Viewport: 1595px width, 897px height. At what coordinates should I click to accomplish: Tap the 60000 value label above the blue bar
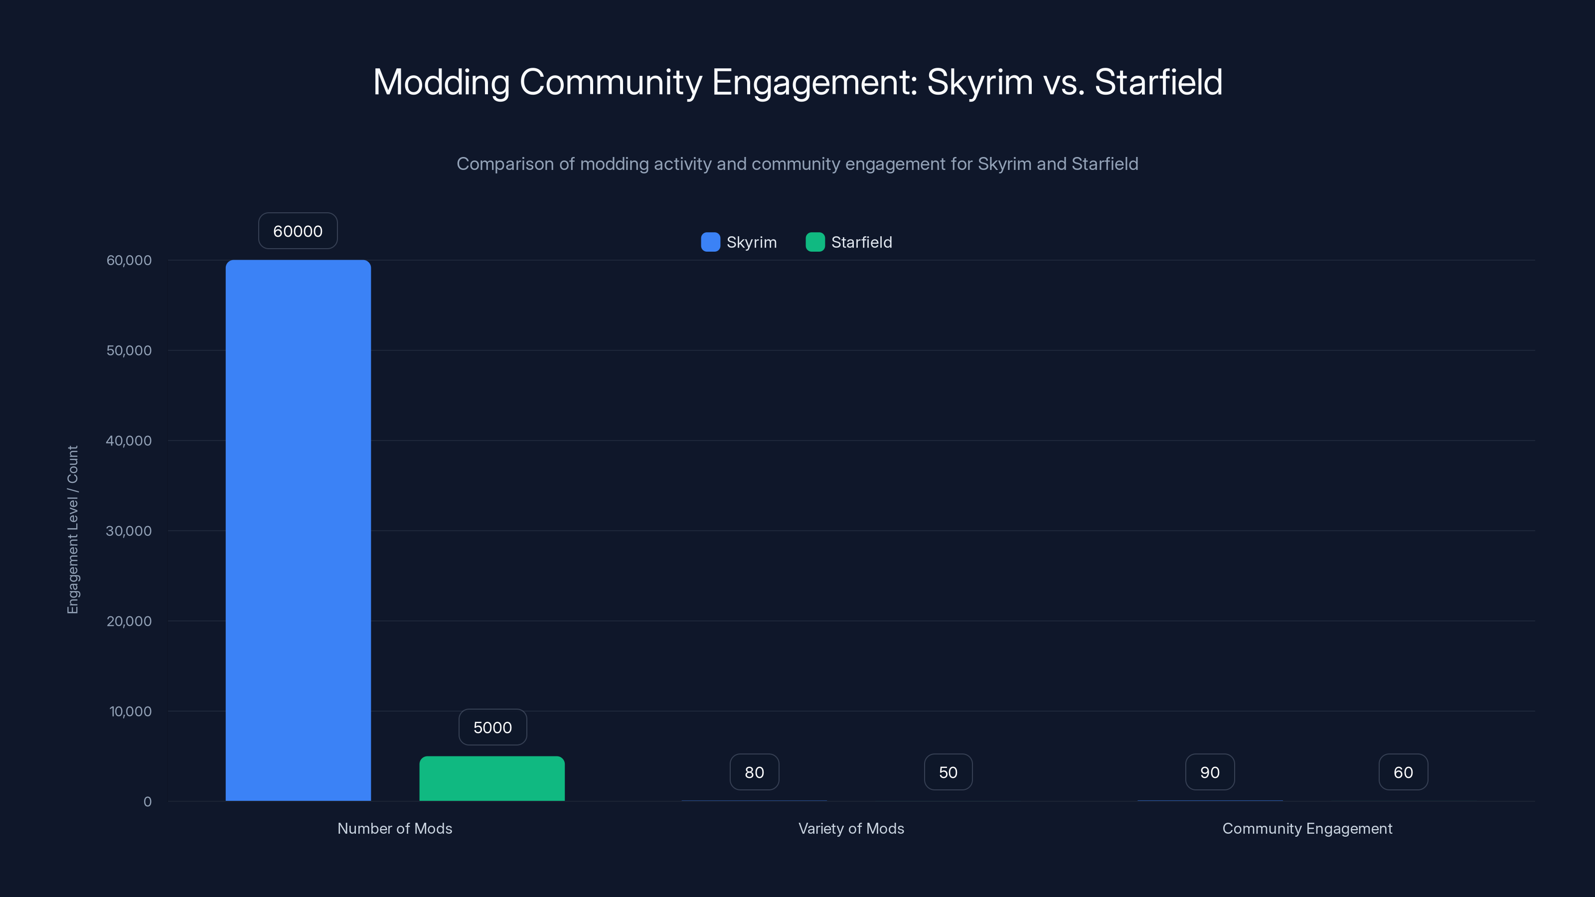(x=298, y=231)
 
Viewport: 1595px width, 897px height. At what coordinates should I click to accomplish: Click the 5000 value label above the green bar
(x=492, y=728)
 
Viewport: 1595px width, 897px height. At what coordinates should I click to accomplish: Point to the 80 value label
(x=754, y=772)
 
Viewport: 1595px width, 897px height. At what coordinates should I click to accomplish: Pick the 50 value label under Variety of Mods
(x=948, y=772)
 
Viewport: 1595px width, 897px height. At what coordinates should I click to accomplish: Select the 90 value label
(x=1210, y=772)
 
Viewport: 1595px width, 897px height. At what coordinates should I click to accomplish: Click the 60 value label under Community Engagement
(x=1403, y=772)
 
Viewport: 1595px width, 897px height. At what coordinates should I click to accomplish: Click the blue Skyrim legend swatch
(x=710, y=242)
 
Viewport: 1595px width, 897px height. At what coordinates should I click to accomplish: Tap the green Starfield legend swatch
(x=815, y=242)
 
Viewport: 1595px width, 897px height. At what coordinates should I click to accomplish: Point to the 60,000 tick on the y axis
(x=129, y=260)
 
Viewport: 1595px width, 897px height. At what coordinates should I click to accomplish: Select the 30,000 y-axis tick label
(x=129, y=531)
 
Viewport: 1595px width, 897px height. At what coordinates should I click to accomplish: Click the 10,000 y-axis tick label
(x=130, y=711)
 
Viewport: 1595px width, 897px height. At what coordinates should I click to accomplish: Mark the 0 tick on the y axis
(x=148, y=802)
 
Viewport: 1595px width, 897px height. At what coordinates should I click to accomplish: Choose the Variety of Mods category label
(x=851, y=828)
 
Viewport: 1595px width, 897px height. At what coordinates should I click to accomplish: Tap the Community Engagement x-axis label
(x=1307, y=828)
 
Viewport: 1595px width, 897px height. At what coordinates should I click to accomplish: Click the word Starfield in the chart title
(x=1158, y=82)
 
